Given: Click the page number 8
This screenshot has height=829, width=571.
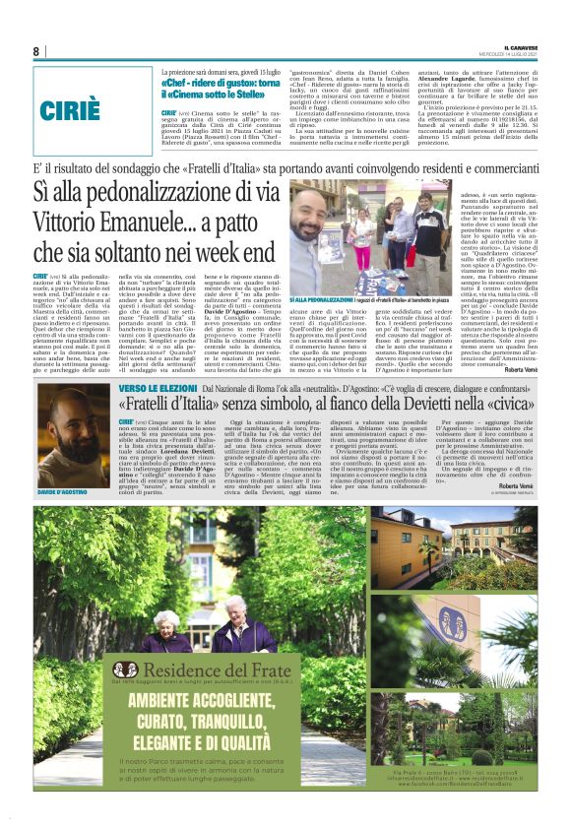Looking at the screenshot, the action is pos(36,51).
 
